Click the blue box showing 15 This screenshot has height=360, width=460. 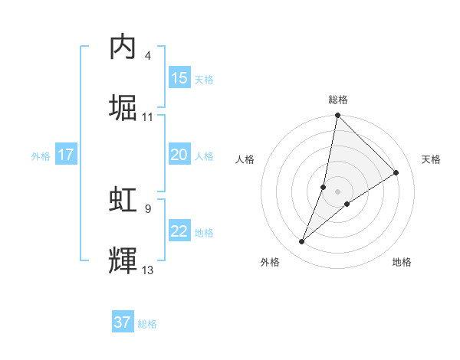[x=179, y=78]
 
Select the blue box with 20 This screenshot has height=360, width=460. [x=179, y=155]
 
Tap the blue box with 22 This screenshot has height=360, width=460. [x=179, y=231]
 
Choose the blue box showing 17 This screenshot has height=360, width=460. [x=66, y=155]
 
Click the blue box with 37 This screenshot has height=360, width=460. [x=123, y=322]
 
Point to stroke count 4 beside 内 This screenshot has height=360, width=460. [x=148, y=56]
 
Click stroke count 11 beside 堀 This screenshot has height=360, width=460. [x=148, y=117]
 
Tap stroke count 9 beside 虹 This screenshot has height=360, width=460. [x=148, y=208]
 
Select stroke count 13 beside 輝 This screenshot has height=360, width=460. [x=148, y=270]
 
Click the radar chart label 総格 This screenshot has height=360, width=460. [x=338, y=100]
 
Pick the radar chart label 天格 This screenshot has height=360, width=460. [x=431, y=159]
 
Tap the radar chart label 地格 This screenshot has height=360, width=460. [x=402, y=262]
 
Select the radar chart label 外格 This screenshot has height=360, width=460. [x=270, y=262]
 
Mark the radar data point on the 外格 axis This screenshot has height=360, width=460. [x=302, y=242]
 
